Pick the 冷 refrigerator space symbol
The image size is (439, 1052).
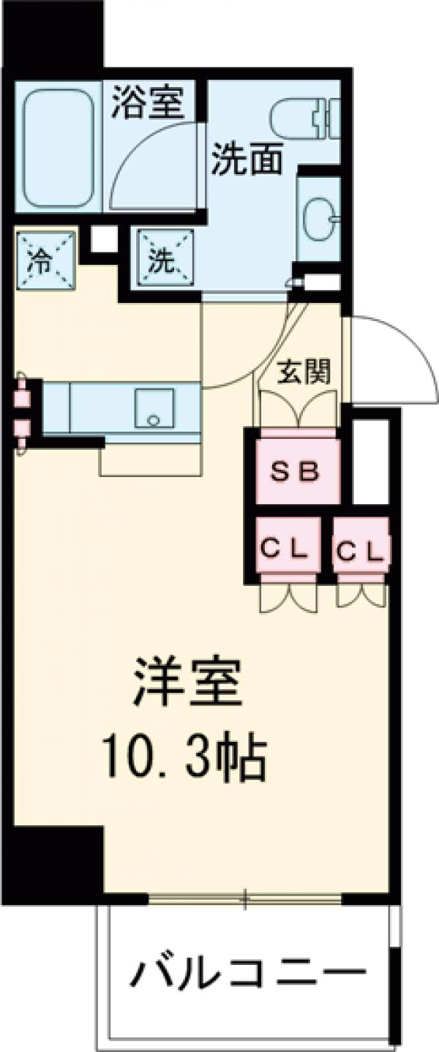[45, 260]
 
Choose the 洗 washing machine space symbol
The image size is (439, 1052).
[162, 260]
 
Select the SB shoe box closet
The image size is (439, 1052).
[296, 471]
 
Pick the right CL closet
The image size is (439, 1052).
[360, 547]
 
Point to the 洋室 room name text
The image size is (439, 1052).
[187, 682]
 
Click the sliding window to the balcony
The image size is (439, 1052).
[245, 896]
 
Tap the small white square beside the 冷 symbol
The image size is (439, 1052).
[103, 238]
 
